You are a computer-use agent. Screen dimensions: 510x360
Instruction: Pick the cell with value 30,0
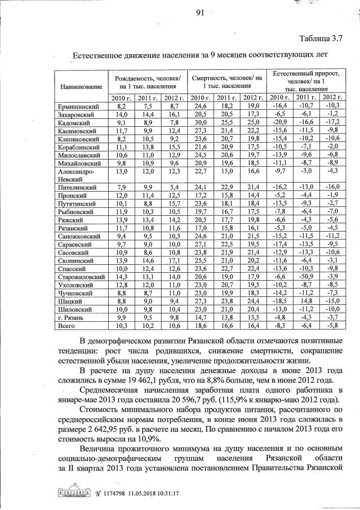click(x=201, y=122)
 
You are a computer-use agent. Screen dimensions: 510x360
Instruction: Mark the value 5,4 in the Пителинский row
click(x=172, y=187)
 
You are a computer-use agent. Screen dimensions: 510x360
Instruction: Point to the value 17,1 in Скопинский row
click(x=172, y=261)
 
